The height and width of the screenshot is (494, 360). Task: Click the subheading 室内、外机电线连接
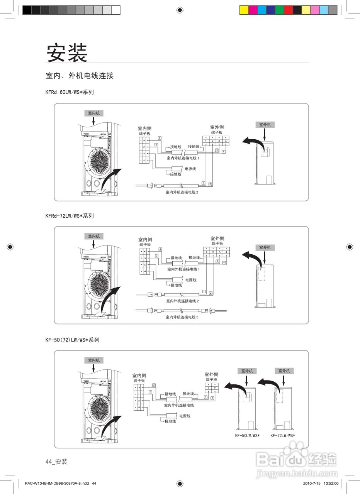tap(80, 76)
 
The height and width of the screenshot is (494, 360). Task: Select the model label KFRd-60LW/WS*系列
tap(70, 92)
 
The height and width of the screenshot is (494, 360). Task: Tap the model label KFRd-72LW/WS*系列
tap(70, 216)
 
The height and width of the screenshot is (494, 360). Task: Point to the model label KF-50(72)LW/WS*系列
tap(72, 340)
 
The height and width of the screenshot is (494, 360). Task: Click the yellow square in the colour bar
tap(244, 10)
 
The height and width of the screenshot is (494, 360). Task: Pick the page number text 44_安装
tap(56, 462)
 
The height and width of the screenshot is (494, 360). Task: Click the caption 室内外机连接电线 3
tap(182, 317)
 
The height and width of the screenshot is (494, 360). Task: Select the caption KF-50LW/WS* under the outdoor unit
tap(247, 435)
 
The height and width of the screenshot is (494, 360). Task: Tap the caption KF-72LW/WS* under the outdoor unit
tap(283, 435)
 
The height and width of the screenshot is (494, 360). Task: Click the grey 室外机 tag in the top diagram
tap(265, 125)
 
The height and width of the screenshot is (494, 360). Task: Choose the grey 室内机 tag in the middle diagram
tap(93, 236)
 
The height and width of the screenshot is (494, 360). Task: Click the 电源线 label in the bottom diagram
tap(185, 416)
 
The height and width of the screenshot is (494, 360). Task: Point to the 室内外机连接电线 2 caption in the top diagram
tap(182, 192)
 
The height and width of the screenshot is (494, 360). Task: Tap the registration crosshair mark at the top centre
tap(180, 10)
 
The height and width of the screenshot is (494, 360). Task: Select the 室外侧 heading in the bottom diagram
tap(211, 374)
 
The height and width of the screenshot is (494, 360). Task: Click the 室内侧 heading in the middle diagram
tap(145, 239)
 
